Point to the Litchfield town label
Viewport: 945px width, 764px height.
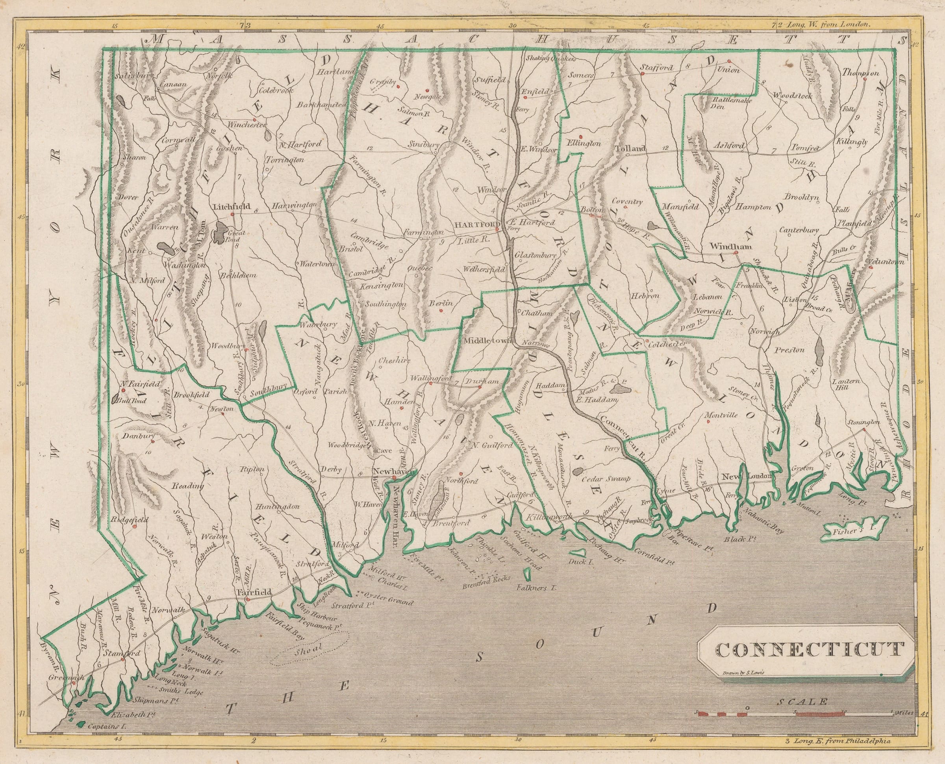click(232, 206)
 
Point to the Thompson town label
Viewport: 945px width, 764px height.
click(860, 73)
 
